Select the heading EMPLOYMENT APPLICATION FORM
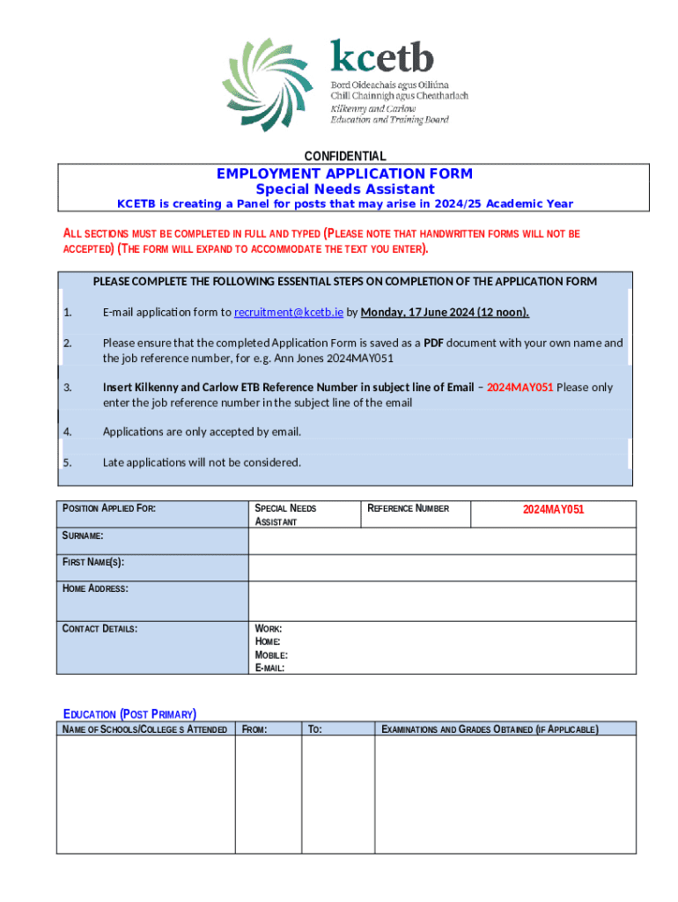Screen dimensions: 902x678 344,174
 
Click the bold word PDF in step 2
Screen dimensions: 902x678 433,343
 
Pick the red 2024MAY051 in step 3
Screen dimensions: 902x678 520,387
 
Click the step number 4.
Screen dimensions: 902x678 67,432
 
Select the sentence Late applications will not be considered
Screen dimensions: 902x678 202,462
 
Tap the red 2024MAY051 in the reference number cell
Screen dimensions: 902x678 553,509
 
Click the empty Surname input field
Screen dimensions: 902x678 441,541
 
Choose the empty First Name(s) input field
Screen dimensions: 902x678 441,568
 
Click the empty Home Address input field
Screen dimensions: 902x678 441,601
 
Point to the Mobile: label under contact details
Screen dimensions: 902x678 271,654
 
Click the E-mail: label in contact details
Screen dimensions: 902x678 269,668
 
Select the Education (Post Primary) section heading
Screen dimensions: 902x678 129,713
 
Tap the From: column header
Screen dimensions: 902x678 254,728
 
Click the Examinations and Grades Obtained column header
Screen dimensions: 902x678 490,728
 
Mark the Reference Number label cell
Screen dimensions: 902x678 408,508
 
